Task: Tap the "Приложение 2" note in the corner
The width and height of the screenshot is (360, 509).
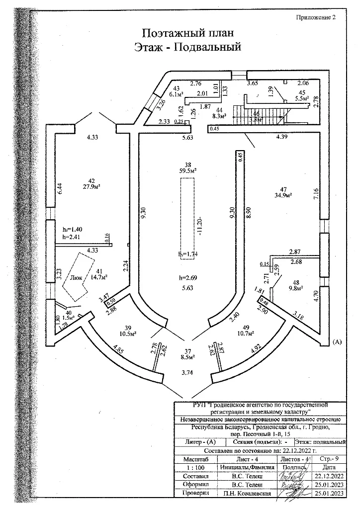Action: pyautogui.click(x=317, y=16)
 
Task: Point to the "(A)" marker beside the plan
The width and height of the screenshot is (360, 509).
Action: pyautogui.click(x=337, y=342)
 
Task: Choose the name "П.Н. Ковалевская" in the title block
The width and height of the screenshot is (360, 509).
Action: pyautogui.click(x=247, y=493)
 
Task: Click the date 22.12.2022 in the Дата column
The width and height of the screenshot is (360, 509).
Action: pyautogui.click(x=326, y=476)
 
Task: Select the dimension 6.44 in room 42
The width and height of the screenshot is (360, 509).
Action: pyautogui.click(x=59, y=188)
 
